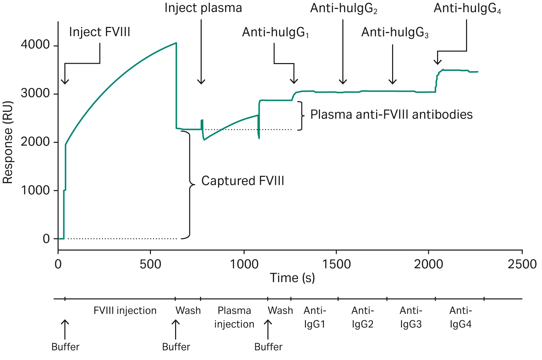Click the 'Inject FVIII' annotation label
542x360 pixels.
(99, 32)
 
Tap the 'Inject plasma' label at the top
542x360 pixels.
(203, 8)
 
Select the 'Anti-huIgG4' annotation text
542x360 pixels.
(467, 9)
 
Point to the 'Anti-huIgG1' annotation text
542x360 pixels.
(275, 32)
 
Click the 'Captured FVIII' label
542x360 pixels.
(243, 181)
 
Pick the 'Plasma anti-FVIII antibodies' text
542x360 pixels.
(391, 115)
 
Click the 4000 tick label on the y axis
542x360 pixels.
(35, 45)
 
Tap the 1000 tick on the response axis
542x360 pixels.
(35, 190)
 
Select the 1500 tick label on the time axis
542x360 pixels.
(336, 264)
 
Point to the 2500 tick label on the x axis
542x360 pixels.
(522, 264)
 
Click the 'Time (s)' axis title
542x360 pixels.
(292, 278)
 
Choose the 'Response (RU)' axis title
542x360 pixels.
(7, 142)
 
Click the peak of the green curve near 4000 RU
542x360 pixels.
(176, 43)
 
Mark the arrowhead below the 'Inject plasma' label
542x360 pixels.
(201, 82)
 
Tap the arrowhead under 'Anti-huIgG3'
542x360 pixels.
(392, 82)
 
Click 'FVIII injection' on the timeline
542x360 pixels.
(125, 311)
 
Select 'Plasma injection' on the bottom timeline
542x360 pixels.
(234, 317)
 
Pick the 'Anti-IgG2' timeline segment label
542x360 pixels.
(362, 317)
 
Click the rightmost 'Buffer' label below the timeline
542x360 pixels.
(268, 347)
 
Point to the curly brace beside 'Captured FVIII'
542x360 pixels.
(190, 185)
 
